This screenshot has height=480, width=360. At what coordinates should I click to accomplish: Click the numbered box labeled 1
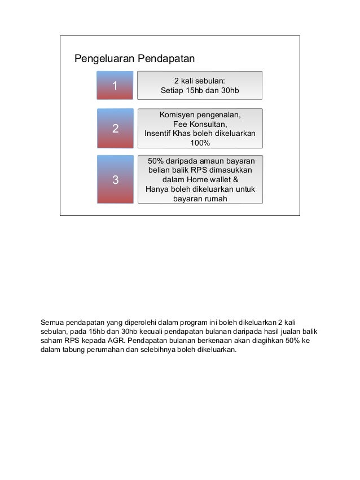pos(115,86)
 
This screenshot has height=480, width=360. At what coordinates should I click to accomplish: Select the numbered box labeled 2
pos(115,129)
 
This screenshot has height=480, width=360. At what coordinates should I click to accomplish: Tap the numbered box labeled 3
pos(115,180)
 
